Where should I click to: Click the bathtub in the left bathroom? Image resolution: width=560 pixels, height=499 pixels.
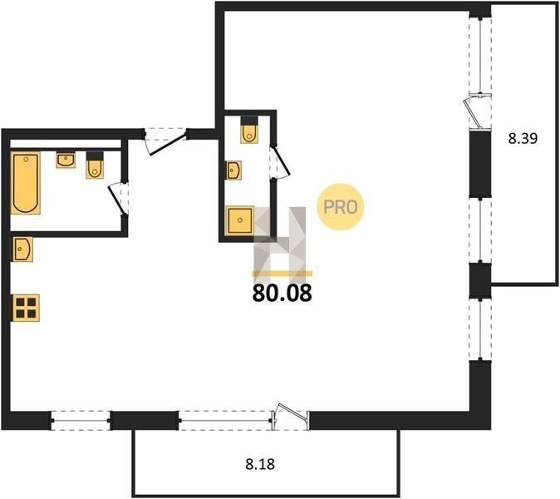coord(26,183)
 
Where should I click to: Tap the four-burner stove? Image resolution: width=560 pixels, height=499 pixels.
coord(26,308)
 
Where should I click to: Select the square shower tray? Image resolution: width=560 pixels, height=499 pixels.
coord(239,220)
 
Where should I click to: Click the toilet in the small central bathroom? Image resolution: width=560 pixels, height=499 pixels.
coord(249,130)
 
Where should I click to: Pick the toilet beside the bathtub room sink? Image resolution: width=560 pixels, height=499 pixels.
coord(95,166)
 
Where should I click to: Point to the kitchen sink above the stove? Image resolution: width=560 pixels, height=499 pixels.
coord(22,249)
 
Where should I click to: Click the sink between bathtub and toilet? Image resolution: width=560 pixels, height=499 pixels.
coord(66,161)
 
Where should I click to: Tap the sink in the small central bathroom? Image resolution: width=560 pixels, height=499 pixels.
coord(233,170)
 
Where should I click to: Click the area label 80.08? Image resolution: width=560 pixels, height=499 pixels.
coord(282,294)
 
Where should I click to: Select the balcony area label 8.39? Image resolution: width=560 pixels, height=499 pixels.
coord(523,138)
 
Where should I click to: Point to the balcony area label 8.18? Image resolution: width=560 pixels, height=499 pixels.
coord(260,464)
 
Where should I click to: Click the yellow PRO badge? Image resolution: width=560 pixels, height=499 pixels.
coord(341,206)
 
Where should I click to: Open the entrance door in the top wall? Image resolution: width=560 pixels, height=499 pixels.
coord(166,141)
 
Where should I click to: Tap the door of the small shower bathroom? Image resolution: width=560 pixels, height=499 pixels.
coord(280,162)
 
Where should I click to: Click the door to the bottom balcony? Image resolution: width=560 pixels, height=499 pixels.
coord(291,417)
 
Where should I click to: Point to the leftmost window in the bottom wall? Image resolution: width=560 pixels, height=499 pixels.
coord(81,420)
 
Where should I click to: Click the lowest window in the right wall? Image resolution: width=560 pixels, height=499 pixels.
coord(480,329)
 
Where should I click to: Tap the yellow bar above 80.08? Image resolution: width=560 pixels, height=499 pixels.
coord(282,274)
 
